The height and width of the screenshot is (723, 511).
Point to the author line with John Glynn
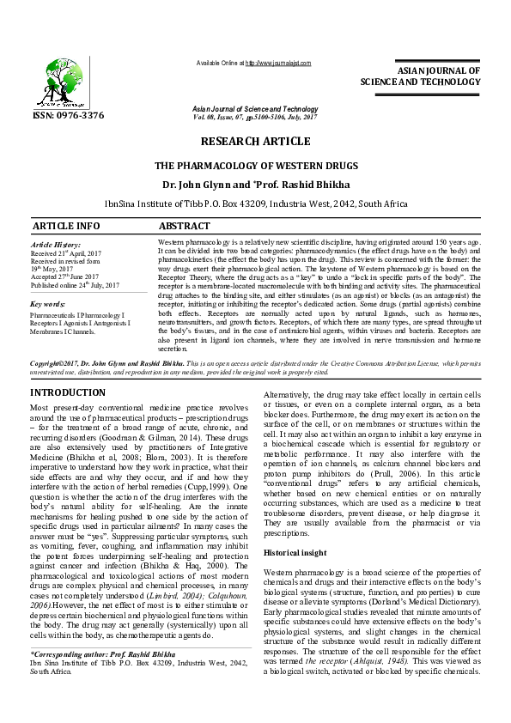coord(256,184)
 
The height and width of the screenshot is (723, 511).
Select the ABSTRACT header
coord(186,226)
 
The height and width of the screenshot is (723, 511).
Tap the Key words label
coord(48,305)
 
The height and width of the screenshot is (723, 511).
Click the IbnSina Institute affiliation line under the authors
coord(256,204)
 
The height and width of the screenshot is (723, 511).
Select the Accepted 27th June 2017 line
coord(67,277)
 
